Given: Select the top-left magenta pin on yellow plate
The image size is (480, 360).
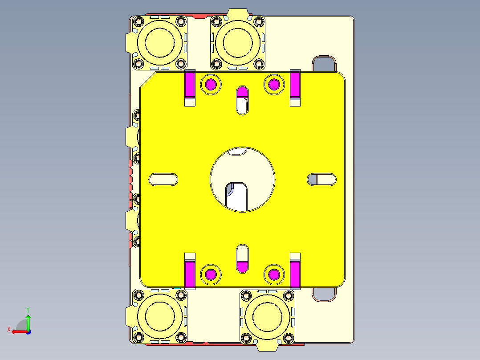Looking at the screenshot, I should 211,84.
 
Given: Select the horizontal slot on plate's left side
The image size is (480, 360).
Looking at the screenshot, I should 163,179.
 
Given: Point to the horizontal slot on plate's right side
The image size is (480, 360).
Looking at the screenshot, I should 322,179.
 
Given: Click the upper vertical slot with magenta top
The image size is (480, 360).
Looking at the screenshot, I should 243,99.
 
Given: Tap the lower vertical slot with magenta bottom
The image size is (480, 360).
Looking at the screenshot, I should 243,258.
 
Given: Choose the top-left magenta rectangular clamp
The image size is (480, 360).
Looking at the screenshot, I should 190,85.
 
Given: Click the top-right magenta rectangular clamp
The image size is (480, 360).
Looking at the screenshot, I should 295,85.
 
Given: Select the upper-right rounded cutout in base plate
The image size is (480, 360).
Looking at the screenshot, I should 324,64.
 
